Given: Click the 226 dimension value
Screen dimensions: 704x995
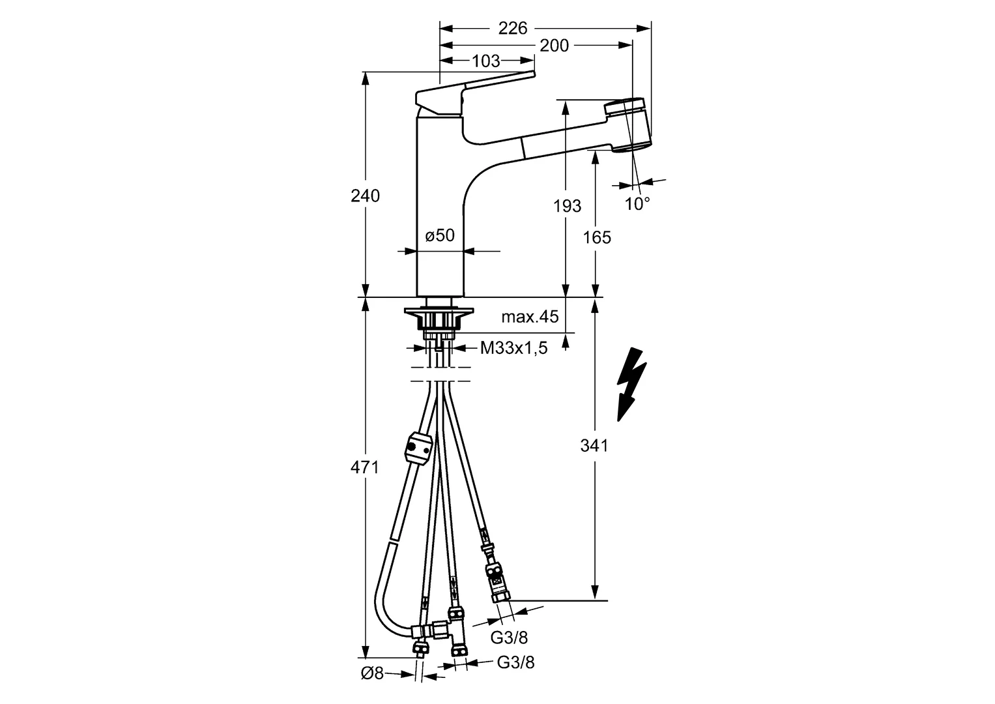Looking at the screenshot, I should click(513, 27).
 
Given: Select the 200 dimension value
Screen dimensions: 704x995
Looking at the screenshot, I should click(555, 45).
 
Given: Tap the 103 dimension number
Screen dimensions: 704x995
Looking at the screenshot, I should click(485, 61).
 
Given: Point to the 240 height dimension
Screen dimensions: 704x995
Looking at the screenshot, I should click(366, 195).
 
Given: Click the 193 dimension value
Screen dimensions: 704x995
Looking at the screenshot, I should click(567, 206).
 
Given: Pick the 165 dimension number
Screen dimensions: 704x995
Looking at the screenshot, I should click(598, 237).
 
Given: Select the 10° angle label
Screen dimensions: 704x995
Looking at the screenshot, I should click(637, 204).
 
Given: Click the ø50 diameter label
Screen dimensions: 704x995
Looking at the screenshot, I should click(440, 235).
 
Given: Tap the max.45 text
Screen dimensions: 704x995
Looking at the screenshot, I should click(530, 317).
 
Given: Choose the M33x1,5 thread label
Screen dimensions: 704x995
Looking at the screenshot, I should click(513, 348).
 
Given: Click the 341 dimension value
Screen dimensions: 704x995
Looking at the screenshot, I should click(594, 446).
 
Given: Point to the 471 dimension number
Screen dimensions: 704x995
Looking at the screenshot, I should click(366, 467).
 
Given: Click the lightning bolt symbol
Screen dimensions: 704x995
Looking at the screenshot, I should click(631, 385).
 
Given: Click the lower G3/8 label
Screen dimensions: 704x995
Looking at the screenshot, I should click(515, 663).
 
